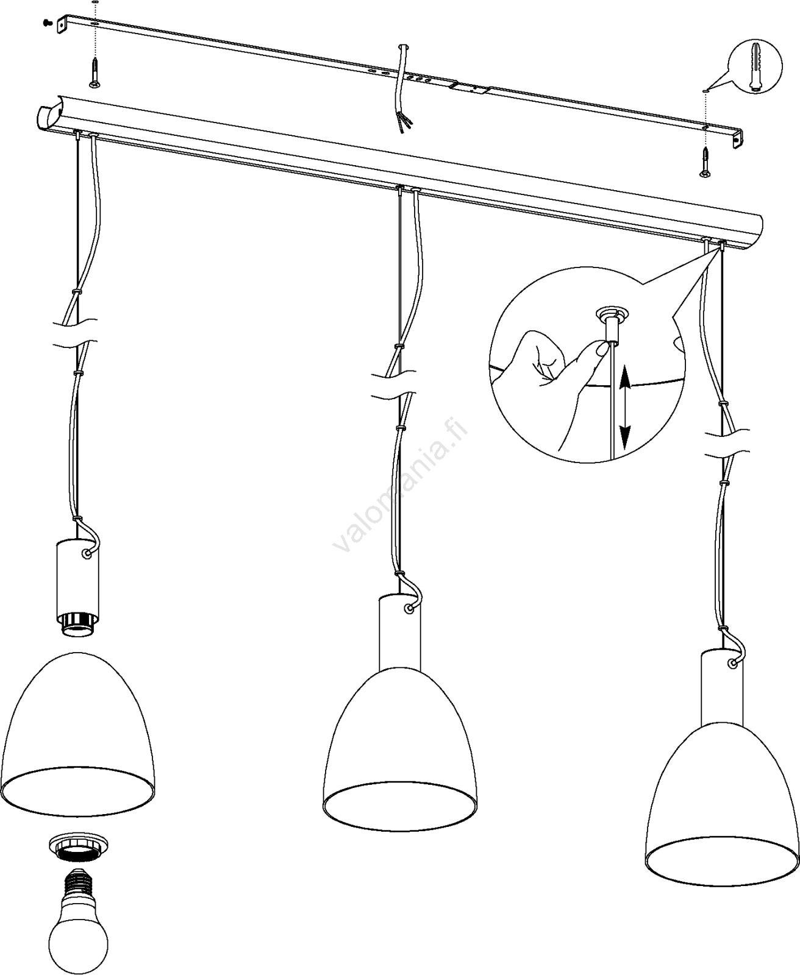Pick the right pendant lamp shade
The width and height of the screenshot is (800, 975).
[722, 814]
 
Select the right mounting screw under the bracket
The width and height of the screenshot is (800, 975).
[705, 163]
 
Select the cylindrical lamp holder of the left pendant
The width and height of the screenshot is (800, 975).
[77, 578]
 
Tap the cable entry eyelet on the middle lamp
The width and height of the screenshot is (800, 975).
[409, 609]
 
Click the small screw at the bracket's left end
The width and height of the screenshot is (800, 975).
[46, 22]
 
